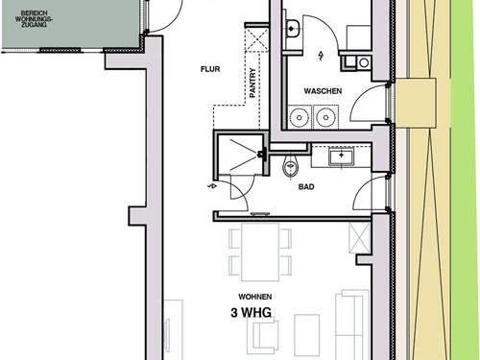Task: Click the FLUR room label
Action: [210, 69]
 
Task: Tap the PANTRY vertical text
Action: [252, 83]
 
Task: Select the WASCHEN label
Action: [323, 91]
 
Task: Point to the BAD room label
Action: [306, 186]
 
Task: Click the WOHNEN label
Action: [255, 297]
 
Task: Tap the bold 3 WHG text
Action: [252, 313]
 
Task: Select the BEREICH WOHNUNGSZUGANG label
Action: [35, 19]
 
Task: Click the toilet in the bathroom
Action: [290, 167]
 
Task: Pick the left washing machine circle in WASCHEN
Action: [300, 117]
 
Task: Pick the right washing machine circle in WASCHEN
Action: [325, 117]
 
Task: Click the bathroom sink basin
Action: [342, 156]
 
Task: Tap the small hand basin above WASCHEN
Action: [292, 29]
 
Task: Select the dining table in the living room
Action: [260, 252]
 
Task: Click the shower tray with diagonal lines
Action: [240, 155]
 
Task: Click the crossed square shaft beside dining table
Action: [359, 238]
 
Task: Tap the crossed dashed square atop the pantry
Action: [256, 39]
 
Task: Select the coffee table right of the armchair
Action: [307, 335]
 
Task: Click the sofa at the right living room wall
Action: [351, 324]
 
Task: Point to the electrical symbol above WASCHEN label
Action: [321, 56]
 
